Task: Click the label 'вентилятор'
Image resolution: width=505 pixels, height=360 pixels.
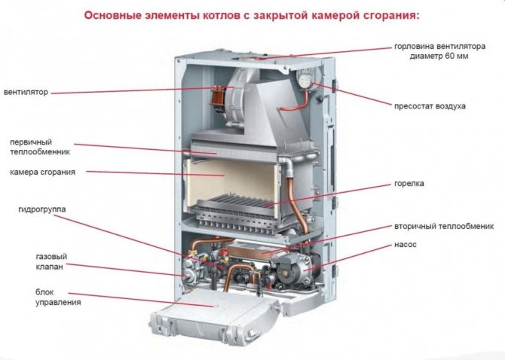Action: pos(26,93)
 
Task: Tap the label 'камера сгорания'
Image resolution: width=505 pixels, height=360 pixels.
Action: pos(42,172)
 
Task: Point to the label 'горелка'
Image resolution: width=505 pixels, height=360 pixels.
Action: pos(409,183)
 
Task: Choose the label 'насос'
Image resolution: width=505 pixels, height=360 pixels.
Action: pos(405,245)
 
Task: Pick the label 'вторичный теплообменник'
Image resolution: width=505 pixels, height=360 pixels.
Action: pos(442,226)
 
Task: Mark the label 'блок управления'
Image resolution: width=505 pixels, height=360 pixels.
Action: pos(36,297)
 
